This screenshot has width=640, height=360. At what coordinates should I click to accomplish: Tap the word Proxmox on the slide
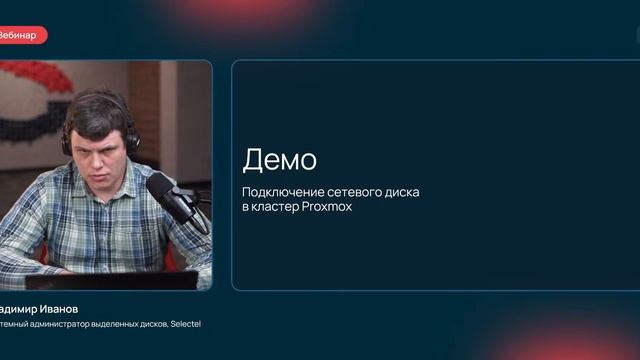click(326, 207)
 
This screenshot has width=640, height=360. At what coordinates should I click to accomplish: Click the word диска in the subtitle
click(401, 191)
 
